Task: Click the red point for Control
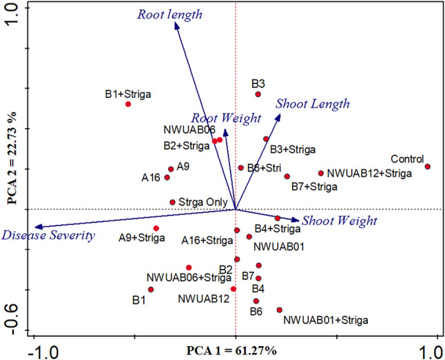click(x=427, y=167)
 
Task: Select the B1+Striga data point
click(x=128, y=104)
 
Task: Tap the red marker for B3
click(x=258, y=94)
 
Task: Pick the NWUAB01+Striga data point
click(x=280, y=310)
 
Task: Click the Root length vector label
click(x=169, y=14)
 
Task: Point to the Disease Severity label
click(x=48, y=236)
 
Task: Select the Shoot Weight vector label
click(x=340, y=221)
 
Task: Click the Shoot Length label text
click(x=312, y=104)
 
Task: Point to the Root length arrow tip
click(x=176, y=24)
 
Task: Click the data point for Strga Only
click(x=173, y=202)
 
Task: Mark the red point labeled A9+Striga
click(x=156, y=229)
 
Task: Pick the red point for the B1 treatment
click(x=151, y=289)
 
